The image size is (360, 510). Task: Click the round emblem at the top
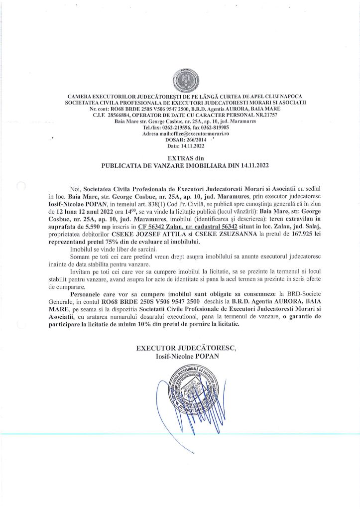pos(180,80)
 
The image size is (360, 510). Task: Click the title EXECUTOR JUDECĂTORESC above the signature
pos(180,348)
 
